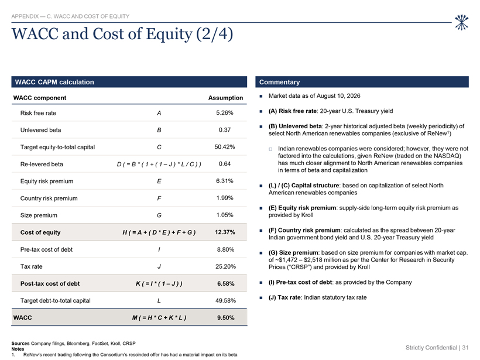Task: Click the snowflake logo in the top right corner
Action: coord(461,22)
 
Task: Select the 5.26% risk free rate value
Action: coord(225,113)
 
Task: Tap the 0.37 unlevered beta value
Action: coord(225,130)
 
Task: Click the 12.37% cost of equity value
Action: coord(225,232)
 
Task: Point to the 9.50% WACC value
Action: coord(226,318)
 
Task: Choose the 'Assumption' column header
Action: coord(225,98)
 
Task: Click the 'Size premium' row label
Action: coord(39,215)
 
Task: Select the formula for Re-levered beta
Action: coord(159,164)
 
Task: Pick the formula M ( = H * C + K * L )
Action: coord(159,318)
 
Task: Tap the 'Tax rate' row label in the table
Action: coord(32,266)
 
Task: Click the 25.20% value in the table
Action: coord(225,266)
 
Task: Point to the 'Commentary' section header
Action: coord(279,82)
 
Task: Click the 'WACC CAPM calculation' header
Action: coord(54,82)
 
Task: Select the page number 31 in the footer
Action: coord(465,348)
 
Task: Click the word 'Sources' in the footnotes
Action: coord(20,344)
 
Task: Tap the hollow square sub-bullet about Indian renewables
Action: coord(270,149)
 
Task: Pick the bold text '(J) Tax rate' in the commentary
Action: coord(284,297)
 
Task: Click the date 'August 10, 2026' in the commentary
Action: coord(338,96)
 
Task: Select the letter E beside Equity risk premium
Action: coord(159,181)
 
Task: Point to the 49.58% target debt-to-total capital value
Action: coord(225,301)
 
